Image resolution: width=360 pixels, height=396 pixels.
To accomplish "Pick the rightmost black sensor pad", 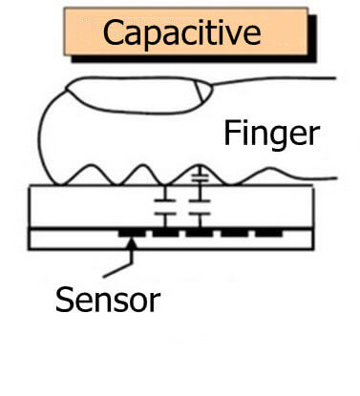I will click(x=269, y=231).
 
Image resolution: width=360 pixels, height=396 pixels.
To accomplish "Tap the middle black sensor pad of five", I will click(x=199, y=231).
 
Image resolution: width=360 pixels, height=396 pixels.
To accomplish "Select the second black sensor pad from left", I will click(x=165, y=231).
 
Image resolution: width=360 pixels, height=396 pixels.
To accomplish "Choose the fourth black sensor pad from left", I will click(x=235, y=231).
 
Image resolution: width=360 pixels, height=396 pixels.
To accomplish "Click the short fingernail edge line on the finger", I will click(x=201, y=93).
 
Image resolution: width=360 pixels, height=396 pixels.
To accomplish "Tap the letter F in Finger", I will click(x=231, y=134).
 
